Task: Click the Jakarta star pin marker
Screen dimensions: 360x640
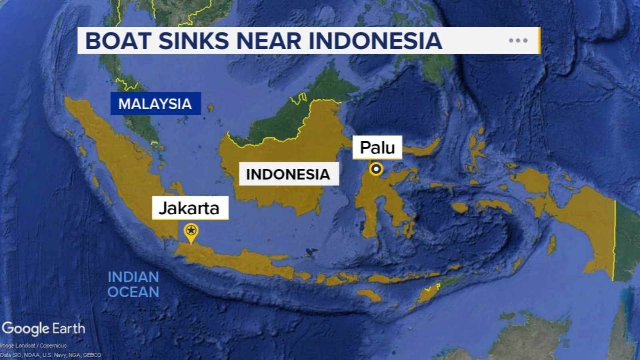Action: point(191,231)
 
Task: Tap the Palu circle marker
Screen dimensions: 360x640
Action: point(376,169)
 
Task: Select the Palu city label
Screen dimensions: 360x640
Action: point(377,148)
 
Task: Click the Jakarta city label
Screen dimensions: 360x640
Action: point(190,208)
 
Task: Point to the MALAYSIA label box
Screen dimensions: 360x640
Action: point(156,104)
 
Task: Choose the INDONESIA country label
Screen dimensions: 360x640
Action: point(288,174)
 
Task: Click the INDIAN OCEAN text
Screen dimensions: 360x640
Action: point(133,284)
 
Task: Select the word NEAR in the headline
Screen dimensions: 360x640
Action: point(269,41)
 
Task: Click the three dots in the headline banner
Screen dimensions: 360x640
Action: point(518,40)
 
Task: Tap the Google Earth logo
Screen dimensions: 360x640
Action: point(43,328)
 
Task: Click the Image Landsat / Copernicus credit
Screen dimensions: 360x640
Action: point(34,346)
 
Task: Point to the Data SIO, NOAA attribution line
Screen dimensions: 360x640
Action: point(51,355)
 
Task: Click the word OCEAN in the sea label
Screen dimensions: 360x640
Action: point(133,292)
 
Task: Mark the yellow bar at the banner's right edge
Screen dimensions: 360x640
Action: point(539,40)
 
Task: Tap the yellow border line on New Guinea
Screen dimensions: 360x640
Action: point(614,240)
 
